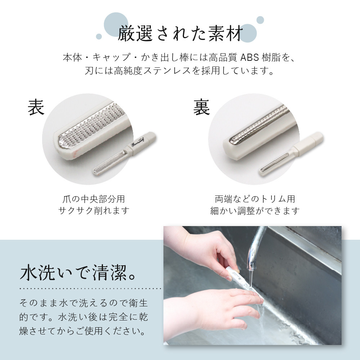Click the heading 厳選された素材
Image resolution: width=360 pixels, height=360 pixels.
click(180, 33)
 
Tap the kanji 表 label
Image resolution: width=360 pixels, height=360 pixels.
click(36, 107)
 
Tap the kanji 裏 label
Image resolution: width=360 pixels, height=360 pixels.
click(201, 107)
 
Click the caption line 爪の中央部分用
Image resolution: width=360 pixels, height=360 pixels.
click(94, 199)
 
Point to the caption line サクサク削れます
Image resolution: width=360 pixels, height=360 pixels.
click(94, 210)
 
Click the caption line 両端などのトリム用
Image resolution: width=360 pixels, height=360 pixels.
click(255, 199)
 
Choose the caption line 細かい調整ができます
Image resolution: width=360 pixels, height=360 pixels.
click(255, 211)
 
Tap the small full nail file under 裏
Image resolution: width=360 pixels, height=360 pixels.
click(292, 154)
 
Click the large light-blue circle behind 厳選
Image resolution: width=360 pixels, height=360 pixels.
click(116, 24)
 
